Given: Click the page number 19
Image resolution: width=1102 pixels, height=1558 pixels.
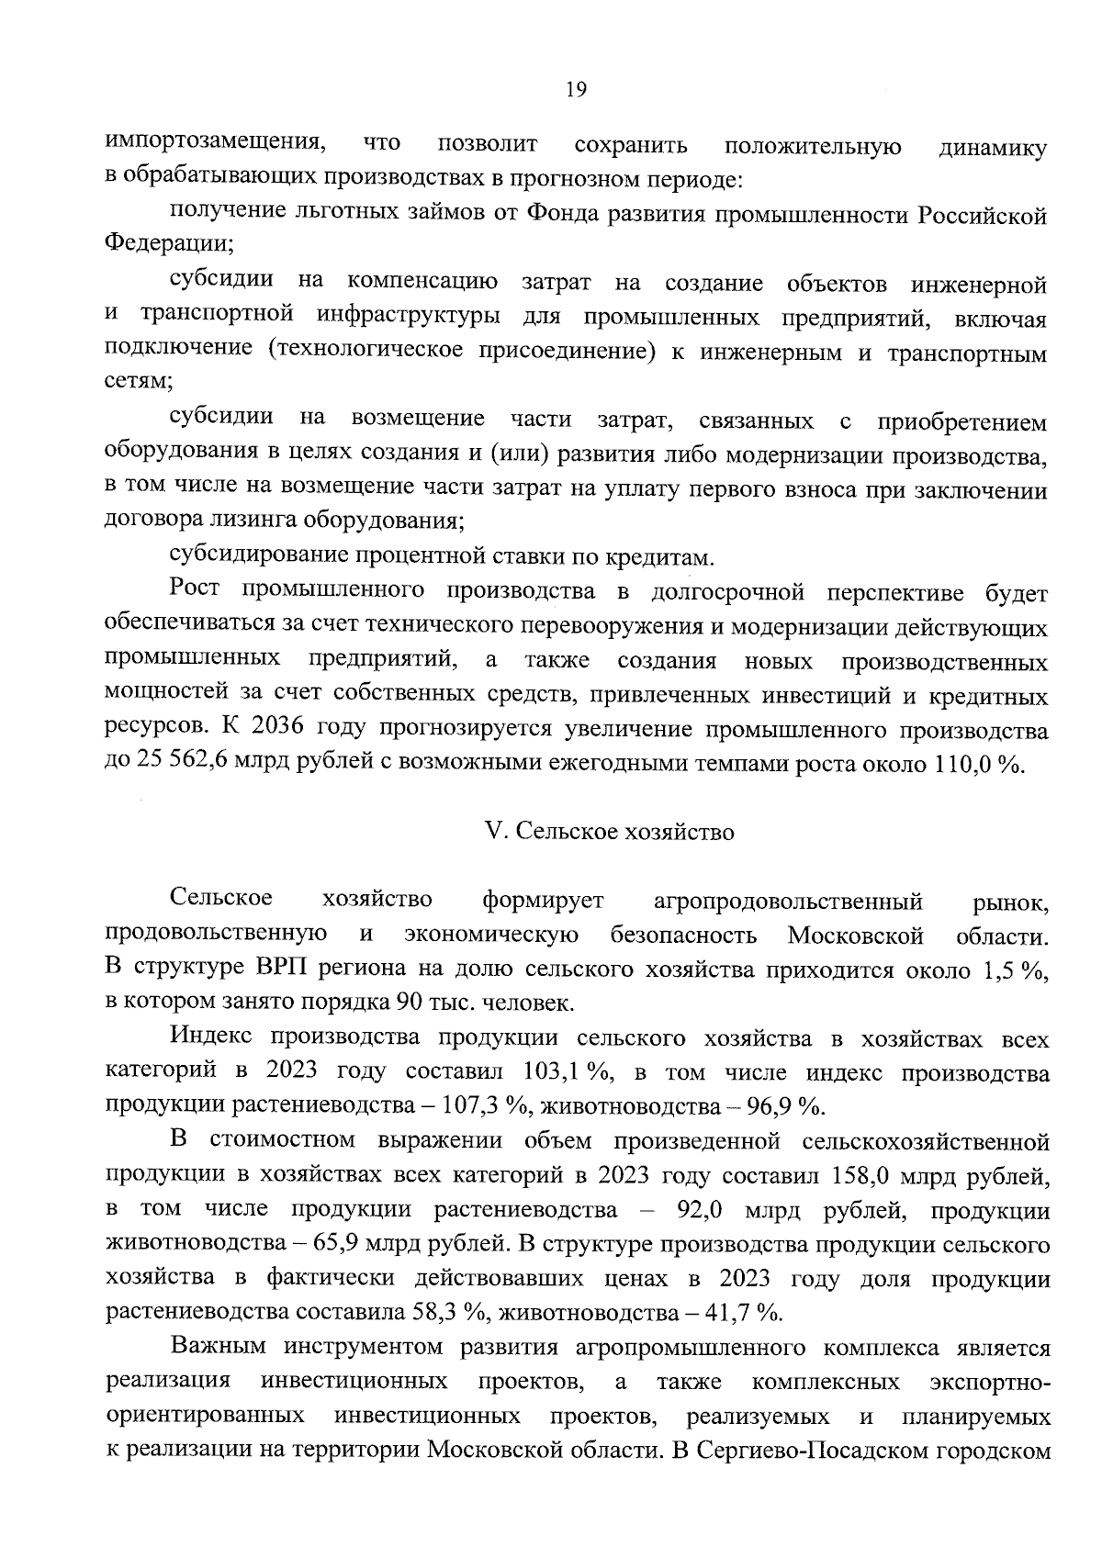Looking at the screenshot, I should coord(576,89).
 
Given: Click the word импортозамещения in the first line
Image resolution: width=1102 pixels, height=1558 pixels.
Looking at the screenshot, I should coord(217,144).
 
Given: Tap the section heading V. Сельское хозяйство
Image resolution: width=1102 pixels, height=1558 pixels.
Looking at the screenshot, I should coord(609,832).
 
